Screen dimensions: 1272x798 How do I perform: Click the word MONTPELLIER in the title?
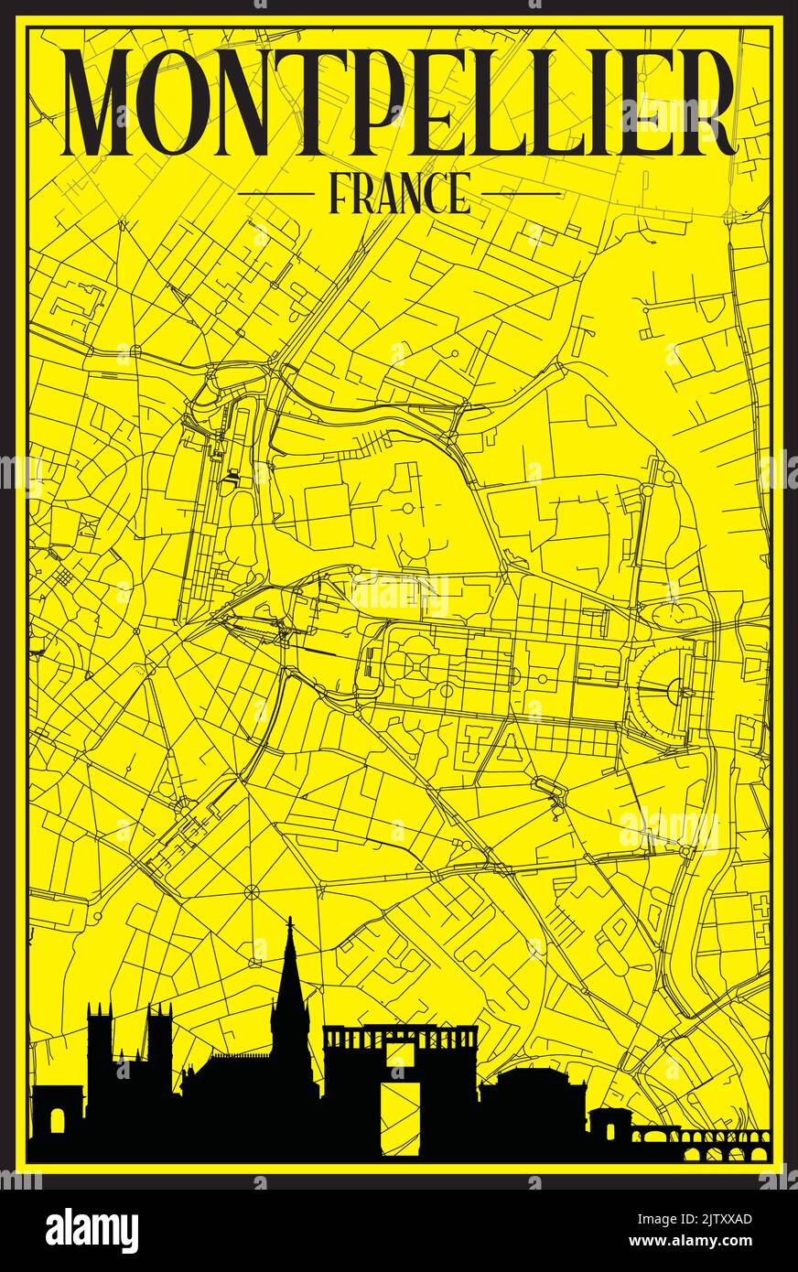400,102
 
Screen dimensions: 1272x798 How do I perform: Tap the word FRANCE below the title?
399,193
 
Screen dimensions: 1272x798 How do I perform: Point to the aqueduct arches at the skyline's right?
723,1144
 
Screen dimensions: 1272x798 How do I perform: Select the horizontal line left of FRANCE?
275,194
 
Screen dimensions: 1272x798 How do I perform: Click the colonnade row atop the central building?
400,1037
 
